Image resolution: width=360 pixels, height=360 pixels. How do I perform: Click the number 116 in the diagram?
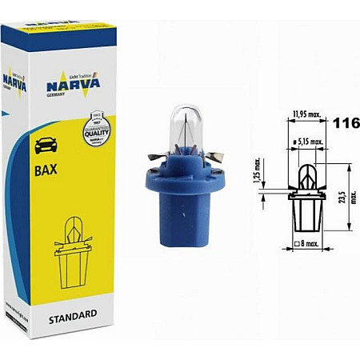pos(346,124)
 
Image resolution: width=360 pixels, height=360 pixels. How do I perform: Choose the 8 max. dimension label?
pos(308,242)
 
